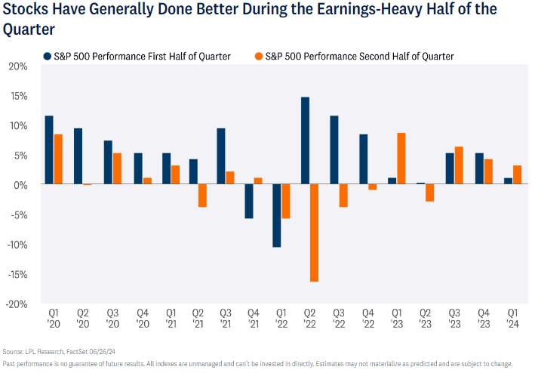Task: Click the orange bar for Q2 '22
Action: [x=314, y=233]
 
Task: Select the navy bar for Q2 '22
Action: [x=305, y=140]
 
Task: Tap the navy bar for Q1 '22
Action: [x=276, y=215]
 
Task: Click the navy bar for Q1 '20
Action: [x=49, y=150]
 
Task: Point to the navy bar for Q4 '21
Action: [x=248, y=201]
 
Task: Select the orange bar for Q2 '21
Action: [x=202, y=196]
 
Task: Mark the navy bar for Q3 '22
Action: [x=334, y=150]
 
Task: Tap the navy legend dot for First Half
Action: [x=48, y=56]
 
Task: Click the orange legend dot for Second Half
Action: [x=258, y=56]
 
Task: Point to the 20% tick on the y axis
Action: [x=17, y=66]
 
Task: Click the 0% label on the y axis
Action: [x=20, y=185]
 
